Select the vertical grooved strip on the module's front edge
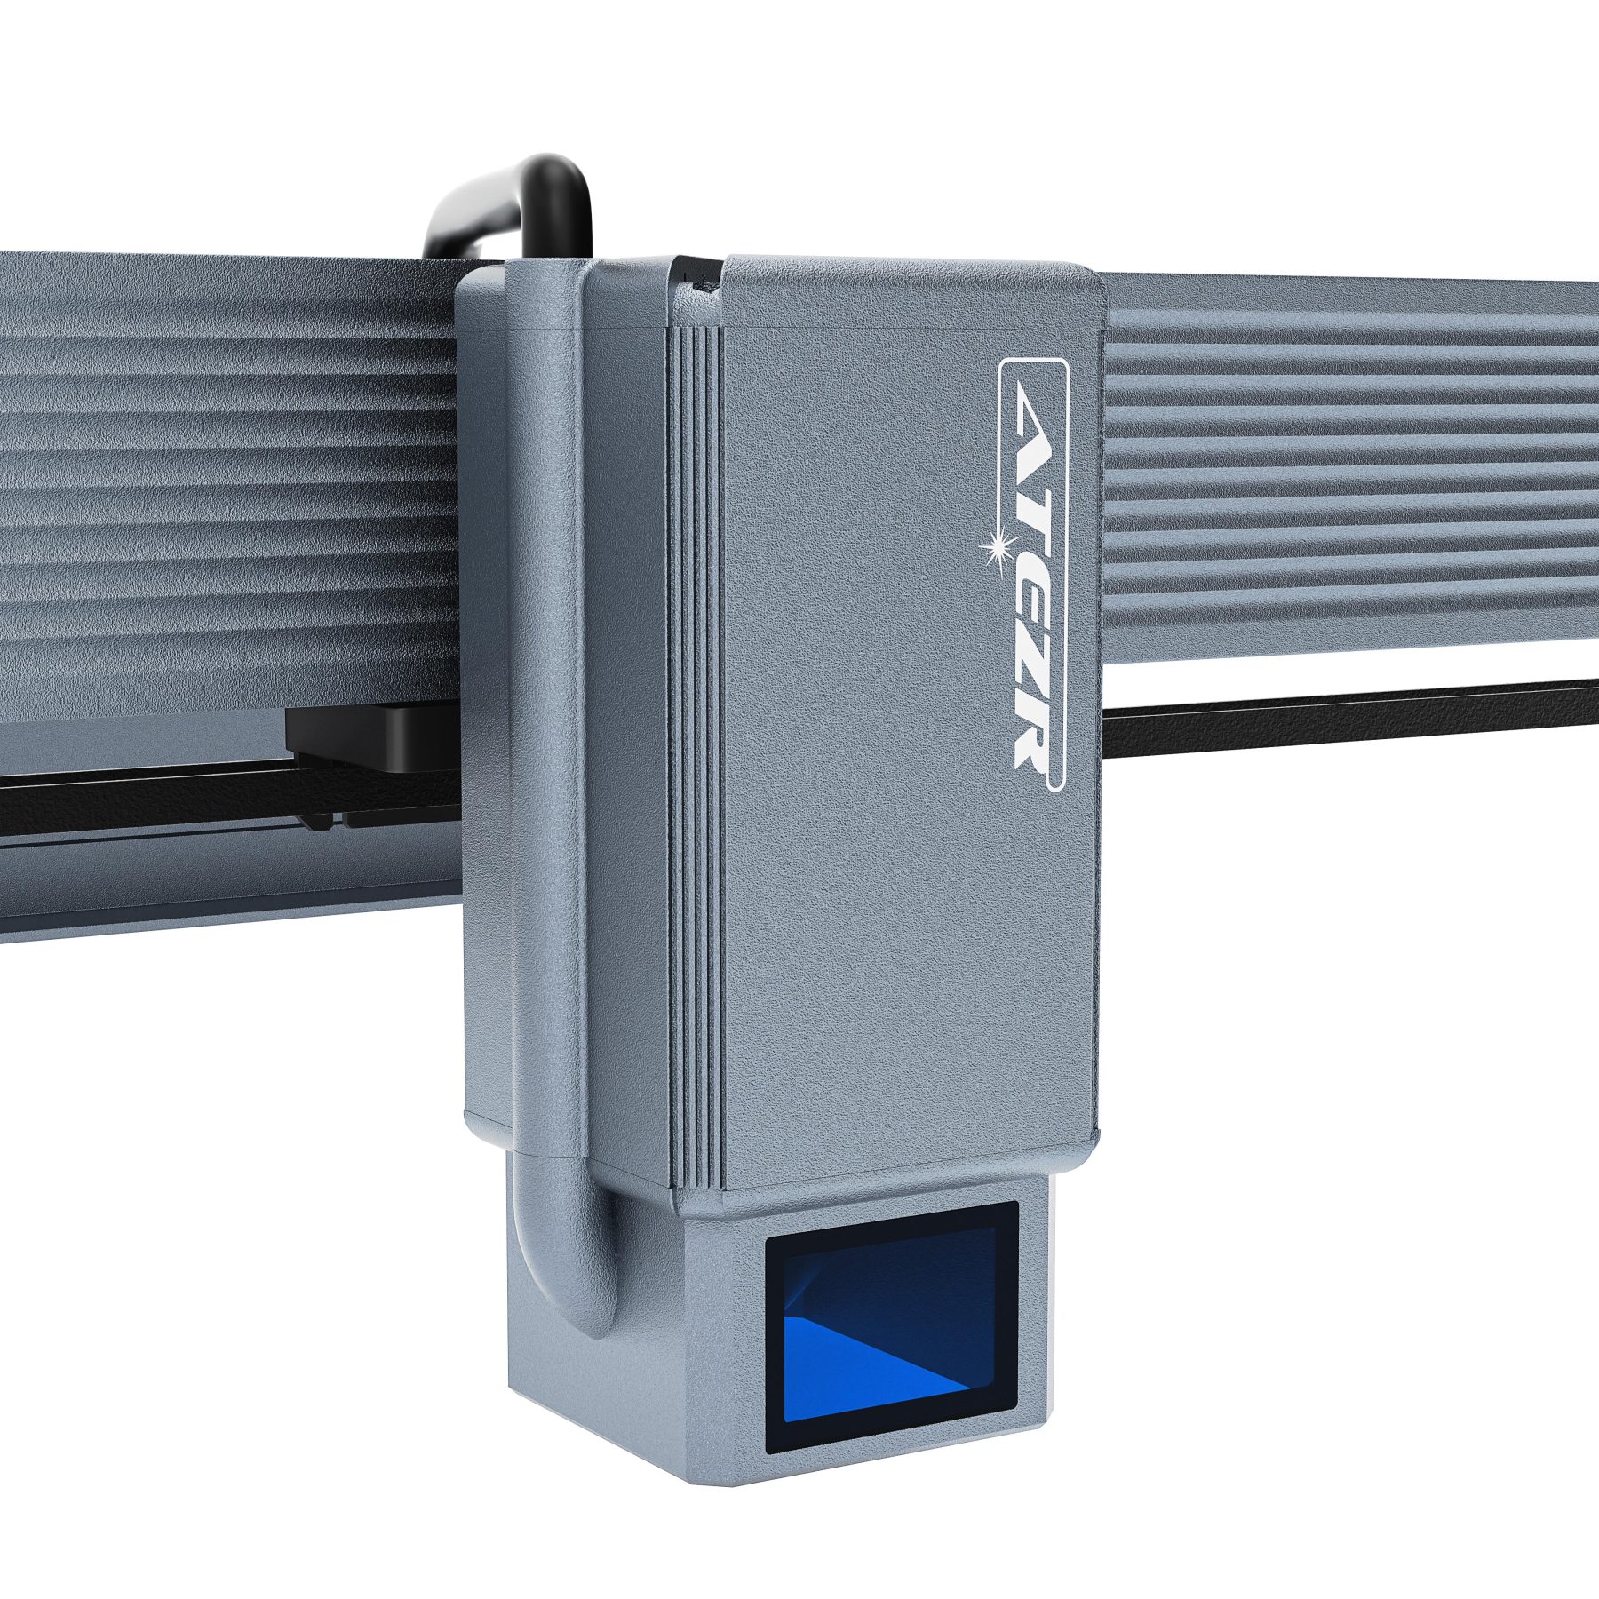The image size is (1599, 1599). click(696, 755)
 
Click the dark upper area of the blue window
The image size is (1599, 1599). click(888, 1279)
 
